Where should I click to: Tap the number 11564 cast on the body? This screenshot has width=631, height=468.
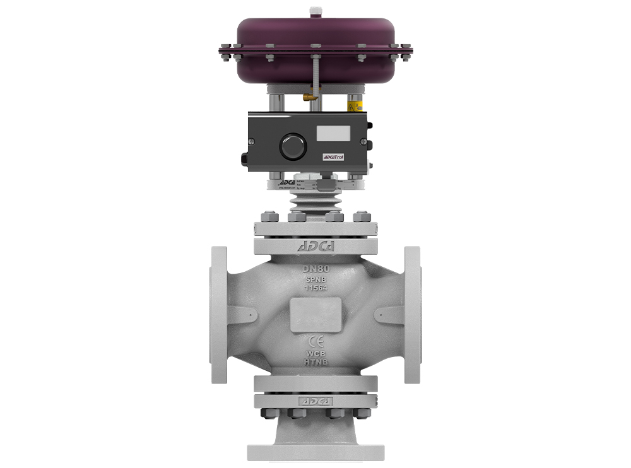pos(315,288)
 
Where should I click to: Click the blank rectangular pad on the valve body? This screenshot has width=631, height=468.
pos(315,314)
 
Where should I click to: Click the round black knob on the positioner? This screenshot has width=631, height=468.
pos(293,146)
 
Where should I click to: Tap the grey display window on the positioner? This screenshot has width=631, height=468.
pos(333,133)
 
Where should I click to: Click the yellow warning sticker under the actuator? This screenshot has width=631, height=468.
pos(355,106)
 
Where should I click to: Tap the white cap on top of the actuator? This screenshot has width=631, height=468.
pos(315,12)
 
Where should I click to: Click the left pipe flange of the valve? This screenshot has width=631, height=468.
pos(219,313)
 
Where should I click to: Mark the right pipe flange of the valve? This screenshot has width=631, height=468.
pos(412,313)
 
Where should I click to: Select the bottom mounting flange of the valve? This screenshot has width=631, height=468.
pos(315,452)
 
